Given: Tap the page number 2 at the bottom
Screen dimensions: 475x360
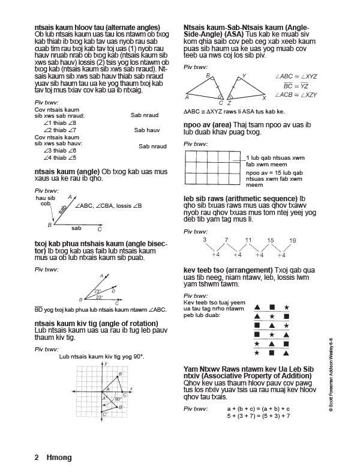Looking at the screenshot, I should click(37, 458).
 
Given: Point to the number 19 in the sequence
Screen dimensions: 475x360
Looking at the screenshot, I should click(292, 240).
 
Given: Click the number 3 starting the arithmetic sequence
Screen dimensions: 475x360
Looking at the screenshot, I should click(205, 240).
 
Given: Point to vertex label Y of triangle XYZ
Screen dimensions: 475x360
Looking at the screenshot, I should click(243, 76).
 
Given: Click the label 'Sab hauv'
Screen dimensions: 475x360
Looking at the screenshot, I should click(146, 130).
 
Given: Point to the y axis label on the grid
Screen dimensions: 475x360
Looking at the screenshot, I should click(106, 364).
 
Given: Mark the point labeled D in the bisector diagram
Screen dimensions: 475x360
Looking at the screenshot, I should click(113, 290).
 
